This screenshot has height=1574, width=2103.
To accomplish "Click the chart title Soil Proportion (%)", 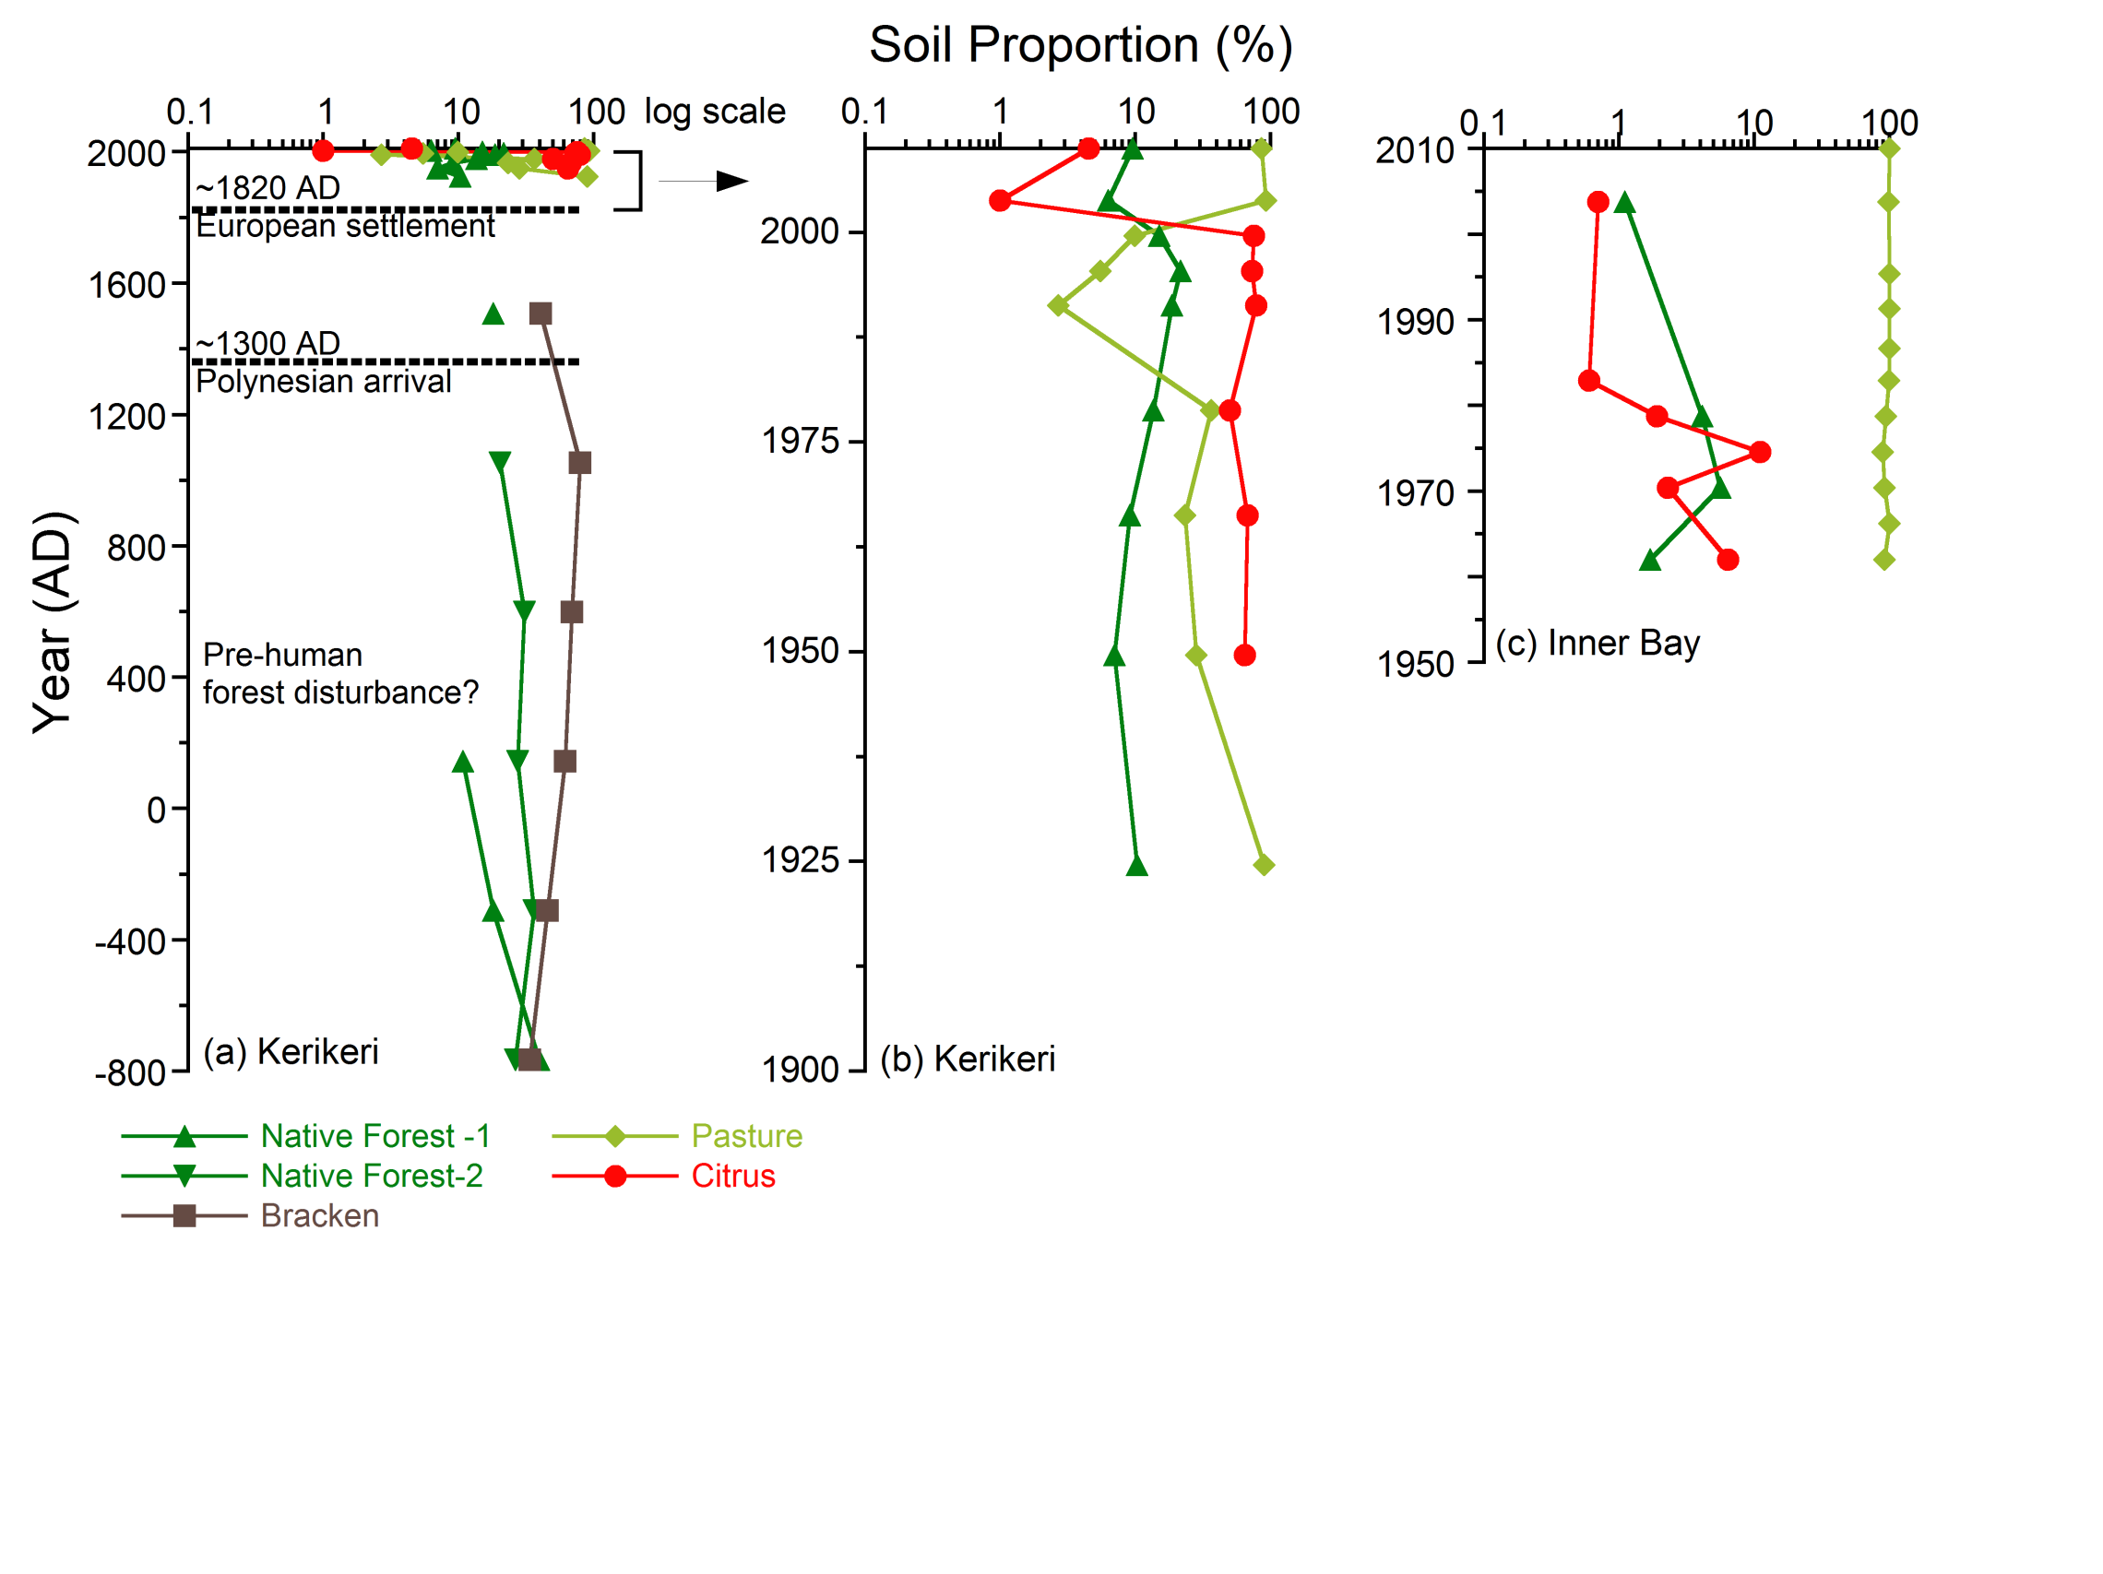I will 1080,45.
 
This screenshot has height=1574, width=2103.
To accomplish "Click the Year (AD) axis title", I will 53,622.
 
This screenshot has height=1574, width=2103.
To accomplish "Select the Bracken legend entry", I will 319,1215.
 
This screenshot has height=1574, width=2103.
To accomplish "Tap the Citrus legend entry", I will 732,1176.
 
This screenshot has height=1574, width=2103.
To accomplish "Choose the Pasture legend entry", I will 746,1136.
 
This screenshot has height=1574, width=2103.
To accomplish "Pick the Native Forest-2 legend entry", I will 371,1176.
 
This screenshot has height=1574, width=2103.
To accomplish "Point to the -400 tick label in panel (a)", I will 131,942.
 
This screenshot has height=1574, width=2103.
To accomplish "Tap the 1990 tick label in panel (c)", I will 1415,322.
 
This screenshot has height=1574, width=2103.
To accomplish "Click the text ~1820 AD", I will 267,187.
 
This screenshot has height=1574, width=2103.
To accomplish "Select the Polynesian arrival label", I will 323,381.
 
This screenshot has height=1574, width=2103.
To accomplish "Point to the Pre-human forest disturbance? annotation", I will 339,673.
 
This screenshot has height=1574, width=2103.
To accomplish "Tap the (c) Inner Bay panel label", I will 1597,644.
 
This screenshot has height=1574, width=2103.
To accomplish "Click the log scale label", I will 714,112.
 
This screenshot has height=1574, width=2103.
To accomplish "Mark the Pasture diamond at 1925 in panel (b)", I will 1264,865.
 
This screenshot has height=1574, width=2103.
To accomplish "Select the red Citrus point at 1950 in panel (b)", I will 1244,655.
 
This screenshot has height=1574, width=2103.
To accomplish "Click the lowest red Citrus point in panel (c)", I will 1728,560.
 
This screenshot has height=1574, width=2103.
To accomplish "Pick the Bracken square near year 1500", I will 540,314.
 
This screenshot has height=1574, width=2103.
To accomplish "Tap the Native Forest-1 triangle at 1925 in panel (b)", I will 1136,866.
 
